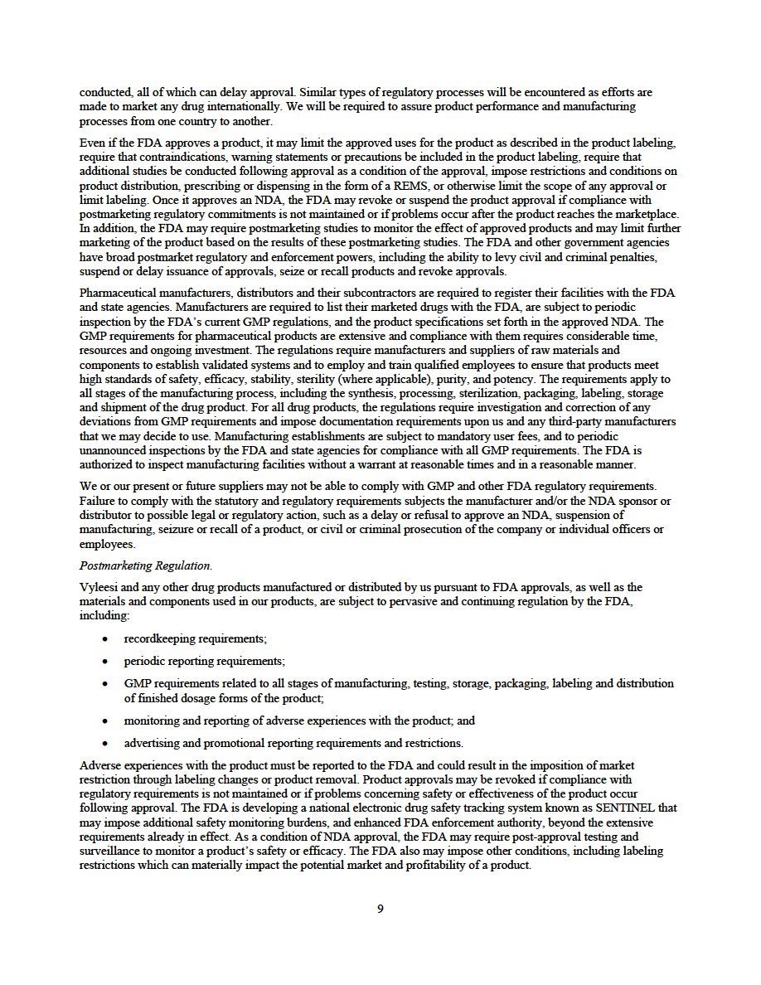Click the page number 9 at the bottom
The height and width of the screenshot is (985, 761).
point(380,908)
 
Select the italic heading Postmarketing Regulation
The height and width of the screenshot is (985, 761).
point(145,565)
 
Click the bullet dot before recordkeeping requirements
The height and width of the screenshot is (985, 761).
point(104,639)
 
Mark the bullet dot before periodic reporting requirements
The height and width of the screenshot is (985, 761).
point(104,662)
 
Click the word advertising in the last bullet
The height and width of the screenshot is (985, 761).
point(152,743)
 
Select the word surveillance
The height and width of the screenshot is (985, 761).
point(109,851)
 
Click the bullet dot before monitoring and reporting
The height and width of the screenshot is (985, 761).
point(104,721)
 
